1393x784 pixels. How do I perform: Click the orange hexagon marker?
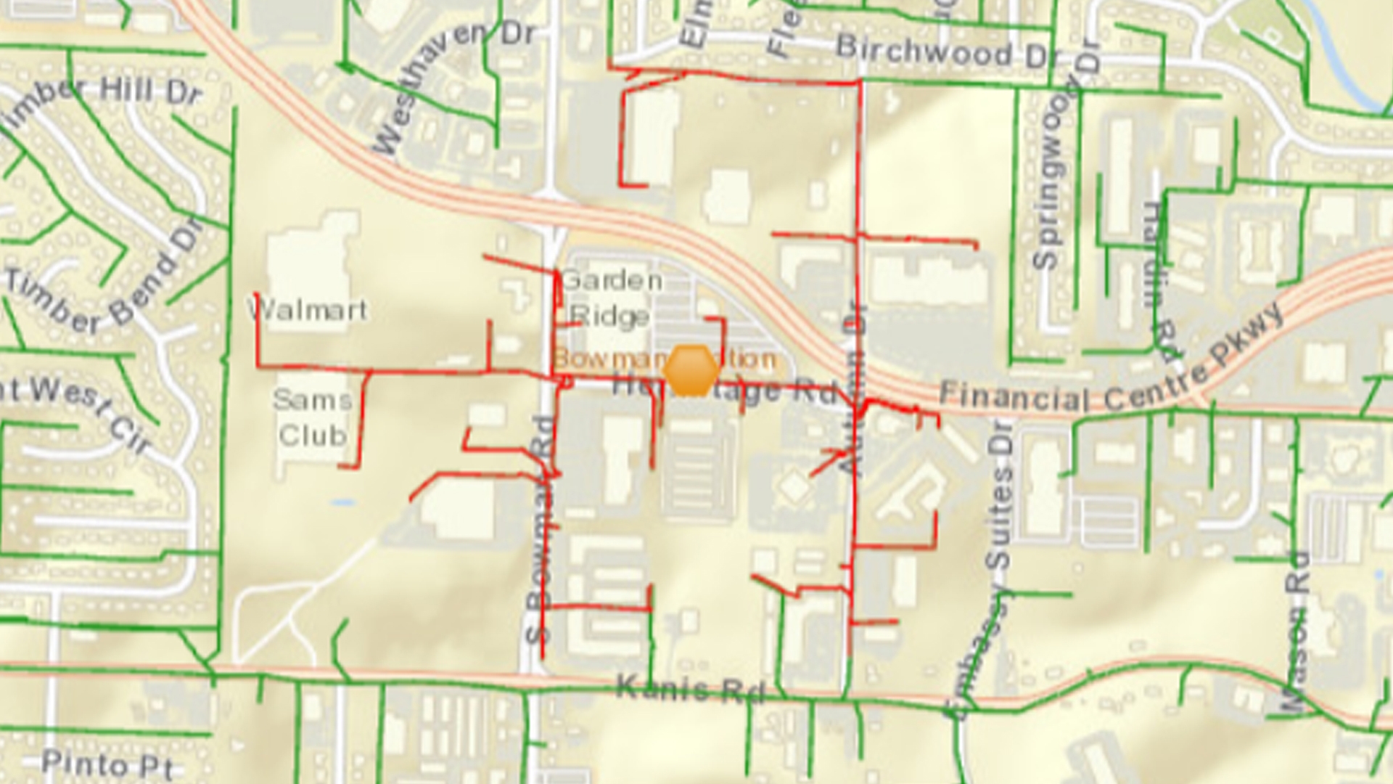tap(692, 370)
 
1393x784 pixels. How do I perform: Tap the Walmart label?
tap(308, 311)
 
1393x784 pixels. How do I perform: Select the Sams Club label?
tap(313, 417)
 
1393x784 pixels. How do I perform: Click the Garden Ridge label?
tap(611, 298)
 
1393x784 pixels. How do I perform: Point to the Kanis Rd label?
tap(690, 688)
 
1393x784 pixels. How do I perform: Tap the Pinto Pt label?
tap(107, 764)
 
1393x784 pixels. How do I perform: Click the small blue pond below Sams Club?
tap(342, 502)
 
